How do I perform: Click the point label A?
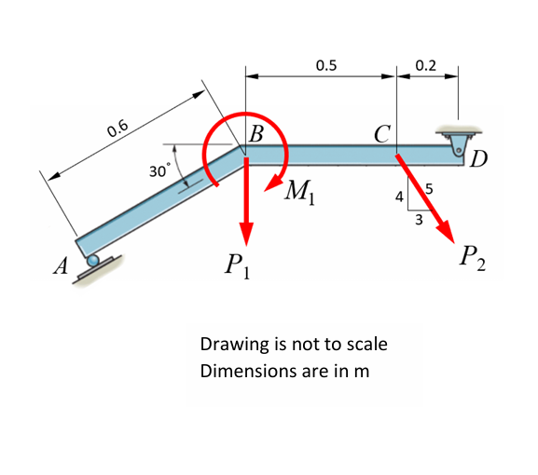pos(62,266)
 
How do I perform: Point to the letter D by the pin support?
pos(479,159)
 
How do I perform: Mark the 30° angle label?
pos(159,171)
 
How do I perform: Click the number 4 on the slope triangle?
pos(399,198)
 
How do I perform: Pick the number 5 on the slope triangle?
pos(428,191)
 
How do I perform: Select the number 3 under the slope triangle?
pos(419,221)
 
